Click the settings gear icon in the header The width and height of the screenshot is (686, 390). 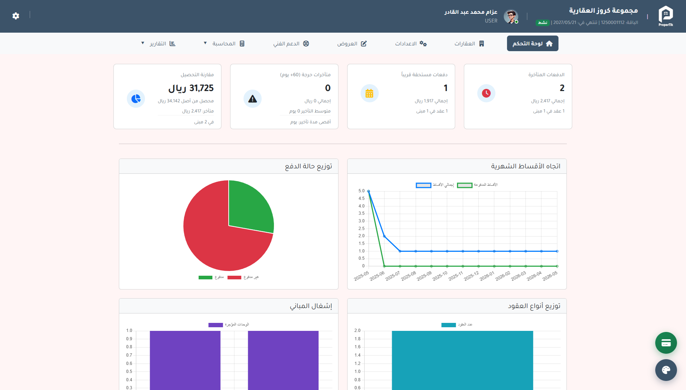(16, 16)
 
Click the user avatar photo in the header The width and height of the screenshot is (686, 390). (511, 16)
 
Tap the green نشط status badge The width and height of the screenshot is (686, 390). (542, 22)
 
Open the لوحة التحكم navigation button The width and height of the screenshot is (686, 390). (532, 44)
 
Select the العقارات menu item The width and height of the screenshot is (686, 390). (469, 44)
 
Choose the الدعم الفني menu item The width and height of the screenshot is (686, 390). (291, 44)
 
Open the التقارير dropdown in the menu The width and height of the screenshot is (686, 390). (159, 44)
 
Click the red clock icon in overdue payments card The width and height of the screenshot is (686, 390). (486, 93)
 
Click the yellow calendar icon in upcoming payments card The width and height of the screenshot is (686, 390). (369, 93)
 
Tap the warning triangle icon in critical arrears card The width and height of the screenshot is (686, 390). (253, 99)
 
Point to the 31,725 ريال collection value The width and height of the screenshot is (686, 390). (191, 88)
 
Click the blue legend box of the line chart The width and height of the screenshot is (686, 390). (423, 185)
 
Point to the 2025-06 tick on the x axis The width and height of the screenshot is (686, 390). (377, 276)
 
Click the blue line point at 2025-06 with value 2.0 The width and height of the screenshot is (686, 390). (384, 236)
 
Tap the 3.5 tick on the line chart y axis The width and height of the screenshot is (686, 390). (361, 213)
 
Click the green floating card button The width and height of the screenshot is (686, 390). (666, 343)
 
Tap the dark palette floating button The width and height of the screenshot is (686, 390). (666, 370)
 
